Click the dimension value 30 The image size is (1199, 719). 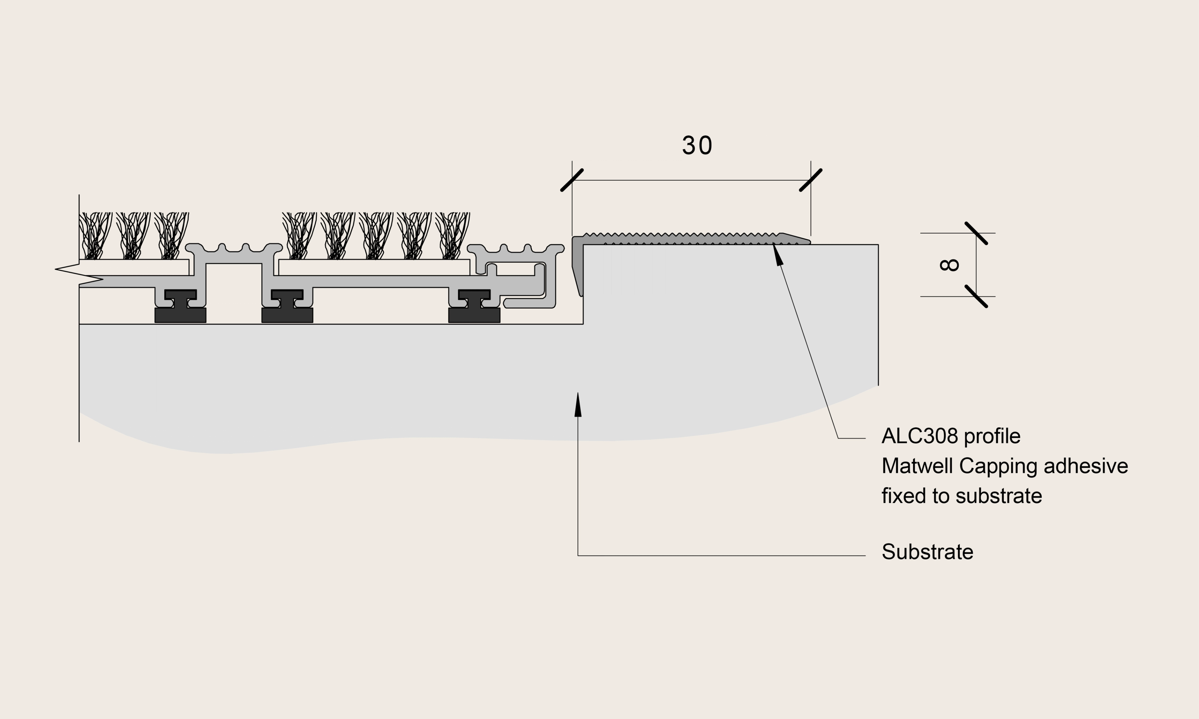tap(697, 145)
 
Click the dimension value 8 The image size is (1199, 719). tap(949, 265)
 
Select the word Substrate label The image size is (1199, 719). tap(927, 552)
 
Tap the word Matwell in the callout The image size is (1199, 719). tap(917, 466)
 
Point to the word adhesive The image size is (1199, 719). tap(1086, 466)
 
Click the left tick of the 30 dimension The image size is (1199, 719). tap(572, 180)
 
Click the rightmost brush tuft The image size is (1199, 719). tap(453, 236)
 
